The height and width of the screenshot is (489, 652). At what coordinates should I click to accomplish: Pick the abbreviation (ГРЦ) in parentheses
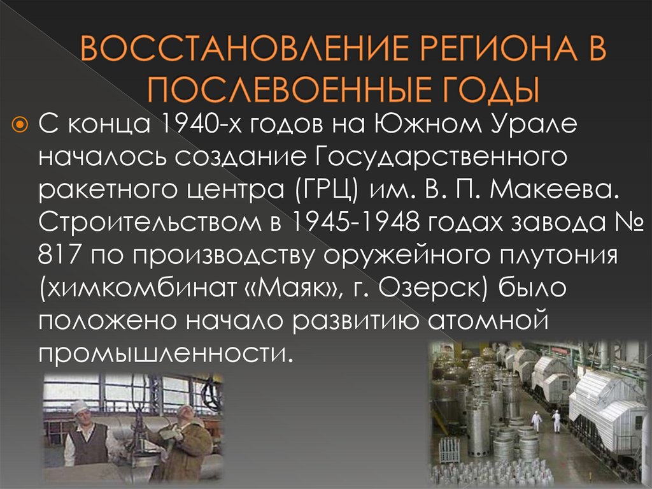323,191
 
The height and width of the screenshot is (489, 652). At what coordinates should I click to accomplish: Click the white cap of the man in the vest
79,405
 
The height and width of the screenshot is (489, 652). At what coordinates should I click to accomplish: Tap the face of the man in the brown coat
184,414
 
